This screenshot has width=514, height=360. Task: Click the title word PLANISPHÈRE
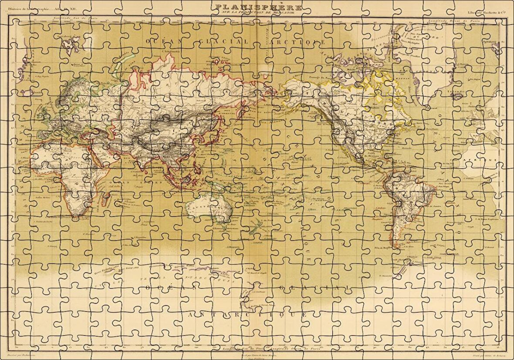pyautogui.click(x=259, y=7)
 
